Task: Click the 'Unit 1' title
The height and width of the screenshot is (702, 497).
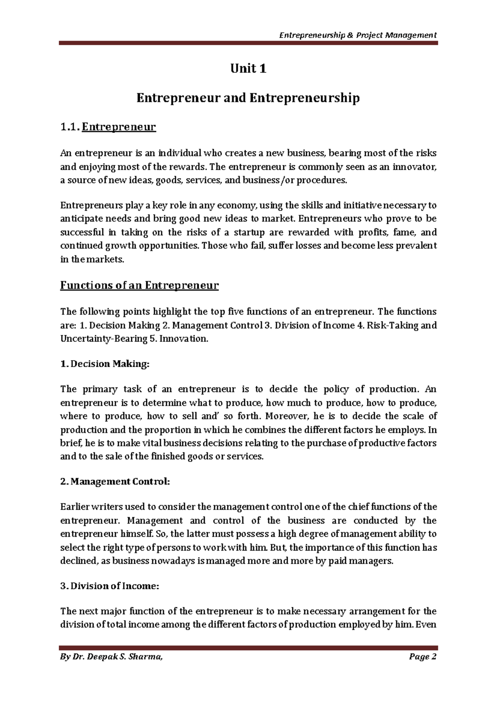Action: (248, 69)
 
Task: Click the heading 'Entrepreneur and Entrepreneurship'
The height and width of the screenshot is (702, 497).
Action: (248, 98)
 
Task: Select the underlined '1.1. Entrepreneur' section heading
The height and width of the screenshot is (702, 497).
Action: (108, 127)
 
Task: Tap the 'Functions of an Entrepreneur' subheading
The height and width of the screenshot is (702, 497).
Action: (139, 286)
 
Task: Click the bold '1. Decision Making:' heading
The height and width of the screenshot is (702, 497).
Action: (104, 364)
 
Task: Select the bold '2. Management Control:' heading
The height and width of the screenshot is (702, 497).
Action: (115, 482)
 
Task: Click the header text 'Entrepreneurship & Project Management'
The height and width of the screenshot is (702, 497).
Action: (358, 35)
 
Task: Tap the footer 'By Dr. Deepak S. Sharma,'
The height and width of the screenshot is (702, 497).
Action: (111, 657)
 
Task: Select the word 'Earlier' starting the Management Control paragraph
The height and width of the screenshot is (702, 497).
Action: (74, 507)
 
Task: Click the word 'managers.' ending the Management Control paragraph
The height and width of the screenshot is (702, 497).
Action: (372, 561)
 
